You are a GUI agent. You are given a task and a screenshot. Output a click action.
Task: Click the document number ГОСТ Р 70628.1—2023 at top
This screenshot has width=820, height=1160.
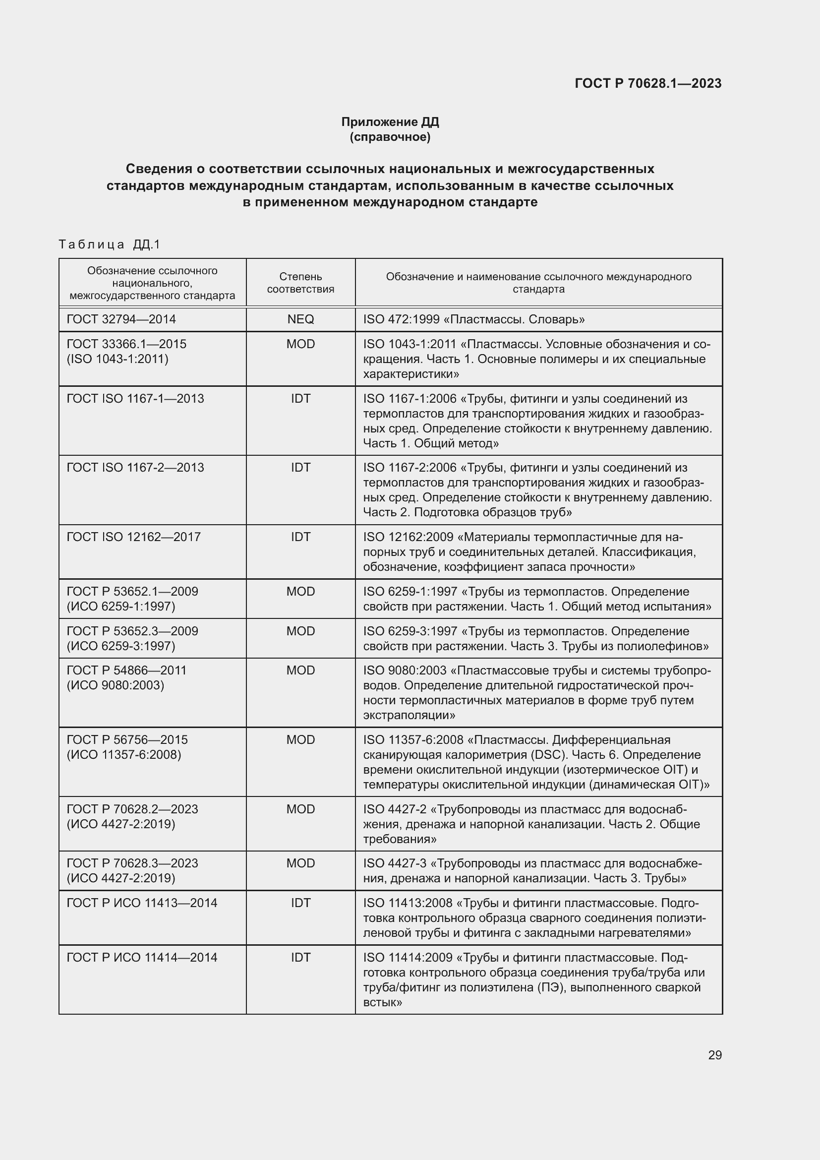tap(648, 83)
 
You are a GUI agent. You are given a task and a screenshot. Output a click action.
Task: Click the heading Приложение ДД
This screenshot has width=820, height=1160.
tap(390, 122)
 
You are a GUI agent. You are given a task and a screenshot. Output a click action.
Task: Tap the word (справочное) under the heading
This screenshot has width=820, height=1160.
tap(390, 137)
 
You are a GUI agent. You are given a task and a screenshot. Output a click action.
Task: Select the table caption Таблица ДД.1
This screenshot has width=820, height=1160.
tap(109, 244)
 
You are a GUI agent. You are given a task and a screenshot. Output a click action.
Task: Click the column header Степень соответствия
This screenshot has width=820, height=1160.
tap(300, 283)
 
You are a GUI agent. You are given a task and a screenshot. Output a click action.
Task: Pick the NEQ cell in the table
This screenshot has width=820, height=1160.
tap(300, 319)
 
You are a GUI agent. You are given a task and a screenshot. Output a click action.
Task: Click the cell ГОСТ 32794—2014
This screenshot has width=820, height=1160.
tap(121, 319)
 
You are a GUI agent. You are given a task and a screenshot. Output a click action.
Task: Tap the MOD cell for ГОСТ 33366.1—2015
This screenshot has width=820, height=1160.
tap(300, 344)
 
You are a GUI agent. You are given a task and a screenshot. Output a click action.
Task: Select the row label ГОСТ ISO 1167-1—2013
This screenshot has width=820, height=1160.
tap(135, 399)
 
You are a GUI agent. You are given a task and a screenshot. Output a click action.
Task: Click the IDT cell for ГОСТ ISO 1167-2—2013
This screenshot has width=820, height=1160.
tap(300, 467)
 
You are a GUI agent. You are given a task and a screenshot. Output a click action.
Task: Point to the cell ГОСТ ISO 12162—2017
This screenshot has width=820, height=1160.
tap(133, 537)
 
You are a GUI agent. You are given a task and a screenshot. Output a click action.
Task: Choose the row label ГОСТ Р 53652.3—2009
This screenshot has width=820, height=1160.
tap(132, 631)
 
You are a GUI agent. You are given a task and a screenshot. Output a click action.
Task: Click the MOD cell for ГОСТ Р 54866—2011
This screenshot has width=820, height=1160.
tap(300, 671)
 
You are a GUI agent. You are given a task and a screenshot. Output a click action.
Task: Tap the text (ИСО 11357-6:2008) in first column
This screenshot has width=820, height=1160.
tap(124, 754)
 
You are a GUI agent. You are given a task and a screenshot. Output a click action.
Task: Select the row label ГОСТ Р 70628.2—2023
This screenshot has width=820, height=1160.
tap(132, 809)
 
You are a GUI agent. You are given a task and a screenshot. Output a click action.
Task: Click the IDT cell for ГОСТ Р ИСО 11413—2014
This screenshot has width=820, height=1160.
tap(300, 903)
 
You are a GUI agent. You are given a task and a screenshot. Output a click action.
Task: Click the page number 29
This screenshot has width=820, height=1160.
tap(714, 1055)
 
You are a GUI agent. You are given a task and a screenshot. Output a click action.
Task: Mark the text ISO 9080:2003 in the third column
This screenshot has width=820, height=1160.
tap(405, 671)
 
